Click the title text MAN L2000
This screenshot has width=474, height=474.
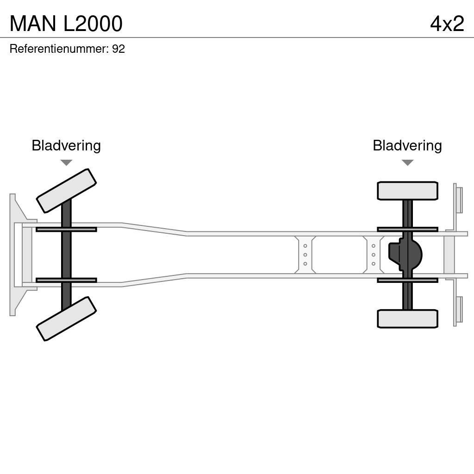[66, 24]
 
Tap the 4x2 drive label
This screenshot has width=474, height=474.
[447, 24]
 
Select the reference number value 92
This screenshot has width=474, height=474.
[118, 49]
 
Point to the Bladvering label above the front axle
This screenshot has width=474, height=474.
[66, 146]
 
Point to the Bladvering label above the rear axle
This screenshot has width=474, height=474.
[407, 146]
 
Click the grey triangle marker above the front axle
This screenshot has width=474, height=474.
[66, 162]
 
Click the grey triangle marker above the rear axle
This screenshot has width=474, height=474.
[407, 162]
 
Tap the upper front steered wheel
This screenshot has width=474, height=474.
[66, 190]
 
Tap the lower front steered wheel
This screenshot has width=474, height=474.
[66, 318]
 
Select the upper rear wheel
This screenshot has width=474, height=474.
[407, 191]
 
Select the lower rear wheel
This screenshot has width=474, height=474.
[407, 318]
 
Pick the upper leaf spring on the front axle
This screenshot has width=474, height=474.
[66, 229]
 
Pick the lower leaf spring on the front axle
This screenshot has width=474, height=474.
[66, 280]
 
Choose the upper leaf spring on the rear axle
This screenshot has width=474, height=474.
[407, 229]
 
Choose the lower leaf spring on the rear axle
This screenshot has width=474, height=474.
[407, 280]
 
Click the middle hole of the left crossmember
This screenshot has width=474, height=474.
[305, 255]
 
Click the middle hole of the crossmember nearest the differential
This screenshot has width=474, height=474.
[373, 255]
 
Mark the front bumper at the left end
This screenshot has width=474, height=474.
[14, 255]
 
